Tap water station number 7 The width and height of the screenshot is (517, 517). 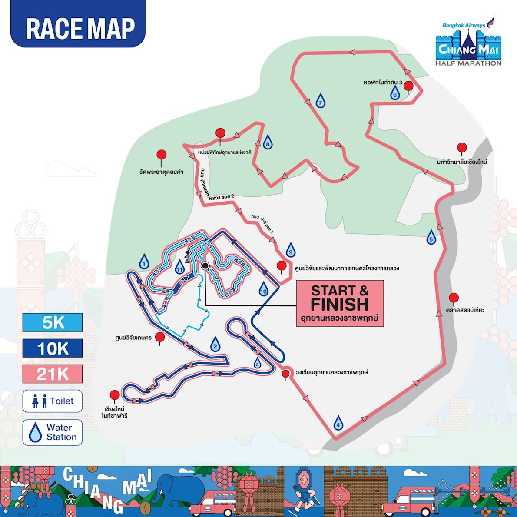320,101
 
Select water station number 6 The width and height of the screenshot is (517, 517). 394,93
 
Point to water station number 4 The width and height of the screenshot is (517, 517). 338,423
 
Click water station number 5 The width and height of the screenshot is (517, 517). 431,237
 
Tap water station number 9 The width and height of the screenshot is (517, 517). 291,250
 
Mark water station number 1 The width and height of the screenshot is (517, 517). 144,262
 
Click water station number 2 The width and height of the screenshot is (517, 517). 214,345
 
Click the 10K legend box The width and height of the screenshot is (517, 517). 53,348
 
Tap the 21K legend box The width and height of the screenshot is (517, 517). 53,374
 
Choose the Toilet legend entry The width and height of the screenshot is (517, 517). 53,401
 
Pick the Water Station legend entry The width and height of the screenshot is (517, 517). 53,432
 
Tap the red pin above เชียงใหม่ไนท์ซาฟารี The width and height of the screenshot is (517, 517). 115,395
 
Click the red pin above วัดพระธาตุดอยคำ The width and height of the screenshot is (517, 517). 162,155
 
